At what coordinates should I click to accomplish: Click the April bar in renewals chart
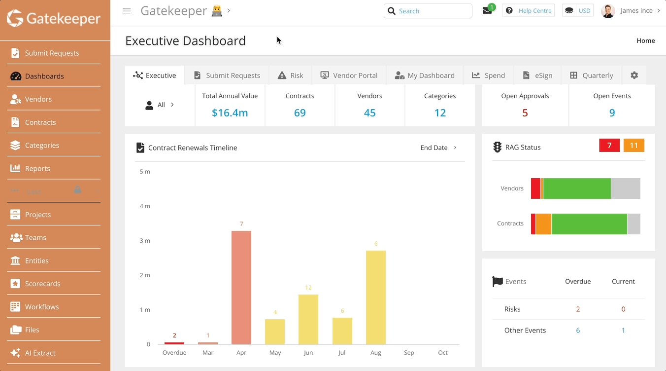[x=241, y=288]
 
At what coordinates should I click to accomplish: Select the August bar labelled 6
[x=376, y=297]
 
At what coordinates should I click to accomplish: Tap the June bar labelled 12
[x=308, y=319]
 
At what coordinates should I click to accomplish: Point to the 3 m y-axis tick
[x=145, y=241]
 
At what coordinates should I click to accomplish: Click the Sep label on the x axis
[x=409, y=353]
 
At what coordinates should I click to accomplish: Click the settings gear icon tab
[x=634, y=75]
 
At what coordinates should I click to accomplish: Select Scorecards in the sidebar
[x=42, y=284]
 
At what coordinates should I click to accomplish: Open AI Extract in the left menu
[x=40, y=353]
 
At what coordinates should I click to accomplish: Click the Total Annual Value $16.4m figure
[x=230, y=113]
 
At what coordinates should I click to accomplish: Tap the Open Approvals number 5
[x=525, y=113]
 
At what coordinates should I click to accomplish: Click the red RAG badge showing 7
[x=609, y=146]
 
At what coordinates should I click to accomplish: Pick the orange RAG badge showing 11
[x=633, y=146]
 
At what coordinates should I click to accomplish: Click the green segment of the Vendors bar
[x=577, y=188]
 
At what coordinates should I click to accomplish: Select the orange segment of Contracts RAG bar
[x=543, y=224]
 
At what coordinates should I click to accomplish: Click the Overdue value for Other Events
[x=578, y=331]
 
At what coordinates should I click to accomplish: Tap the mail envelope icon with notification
[x=487, y=11]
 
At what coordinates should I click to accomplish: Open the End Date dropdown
[x=438, y=148]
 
